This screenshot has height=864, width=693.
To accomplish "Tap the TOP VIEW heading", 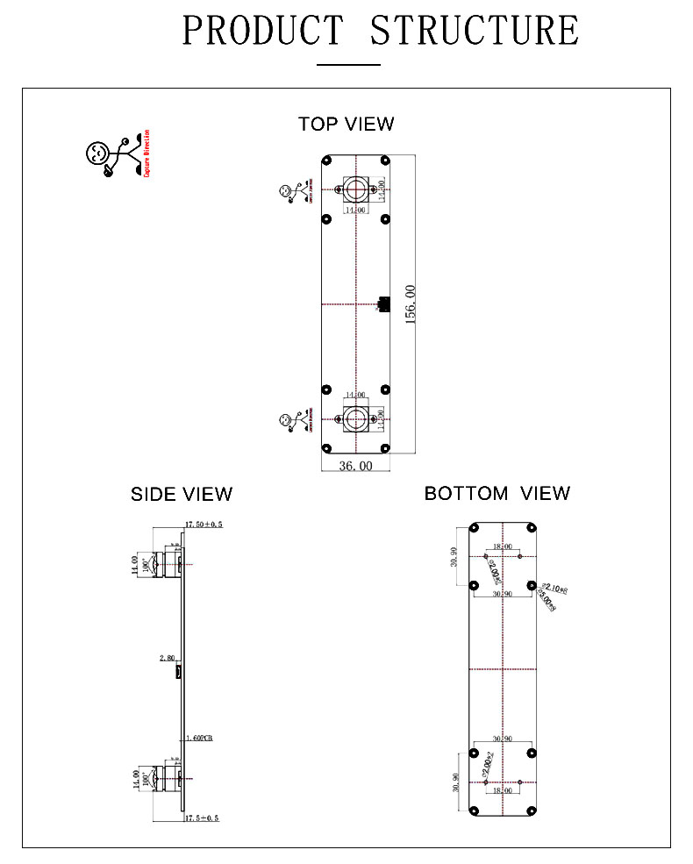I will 346,124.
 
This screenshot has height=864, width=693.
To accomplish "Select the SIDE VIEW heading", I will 182,494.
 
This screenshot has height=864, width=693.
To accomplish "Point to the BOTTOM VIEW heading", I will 497,493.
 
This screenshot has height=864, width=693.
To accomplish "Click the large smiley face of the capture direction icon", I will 97,153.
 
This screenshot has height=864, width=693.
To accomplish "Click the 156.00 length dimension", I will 410,303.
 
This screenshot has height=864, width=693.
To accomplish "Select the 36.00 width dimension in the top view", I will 355,466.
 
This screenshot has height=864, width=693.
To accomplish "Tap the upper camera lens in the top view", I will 355,189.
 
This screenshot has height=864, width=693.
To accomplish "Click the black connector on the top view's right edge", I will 382,303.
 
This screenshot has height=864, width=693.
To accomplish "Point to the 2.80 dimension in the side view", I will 167,657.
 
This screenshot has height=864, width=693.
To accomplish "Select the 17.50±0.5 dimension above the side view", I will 204,524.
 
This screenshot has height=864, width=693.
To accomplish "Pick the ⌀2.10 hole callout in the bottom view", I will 555,587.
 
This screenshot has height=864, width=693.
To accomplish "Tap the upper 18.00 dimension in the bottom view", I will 502,546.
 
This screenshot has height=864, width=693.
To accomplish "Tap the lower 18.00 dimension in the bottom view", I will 502,789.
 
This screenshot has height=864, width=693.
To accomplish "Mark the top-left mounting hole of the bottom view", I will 474,529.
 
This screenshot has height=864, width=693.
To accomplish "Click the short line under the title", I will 347,64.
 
